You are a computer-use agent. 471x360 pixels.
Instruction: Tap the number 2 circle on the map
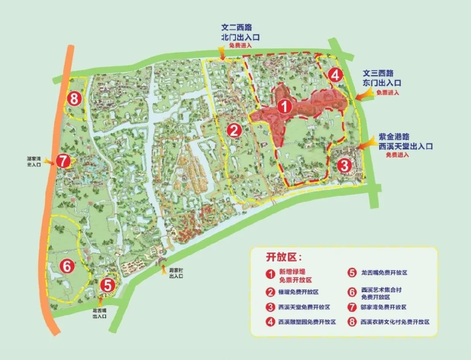pyautogui.click(x=234, y=130)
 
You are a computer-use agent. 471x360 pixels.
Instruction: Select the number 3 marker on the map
pyautogui.click(x=344, y=165)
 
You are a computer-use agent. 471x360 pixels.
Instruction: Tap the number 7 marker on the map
pyautogui.click(x=63, y=161)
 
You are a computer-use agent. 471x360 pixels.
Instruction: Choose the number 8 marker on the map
pyautogui.click(x=74, y=99)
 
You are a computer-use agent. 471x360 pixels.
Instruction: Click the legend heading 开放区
pyautogui.click(x=283, y=257)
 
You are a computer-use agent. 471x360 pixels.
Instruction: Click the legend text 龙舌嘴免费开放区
pyautogui.click(x=384, y=272)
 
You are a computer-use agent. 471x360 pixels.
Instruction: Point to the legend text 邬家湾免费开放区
pyautogui.click(x=384, y=307)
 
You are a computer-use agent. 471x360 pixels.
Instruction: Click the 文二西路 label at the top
pyautogui.click(x=236, y=28)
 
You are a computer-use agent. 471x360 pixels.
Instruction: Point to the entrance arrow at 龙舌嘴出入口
pyautogui.click(x=101, y=301)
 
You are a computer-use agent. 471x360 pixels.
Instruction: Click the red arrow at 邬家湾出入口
pyautogui.click(x=49, y=162)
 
